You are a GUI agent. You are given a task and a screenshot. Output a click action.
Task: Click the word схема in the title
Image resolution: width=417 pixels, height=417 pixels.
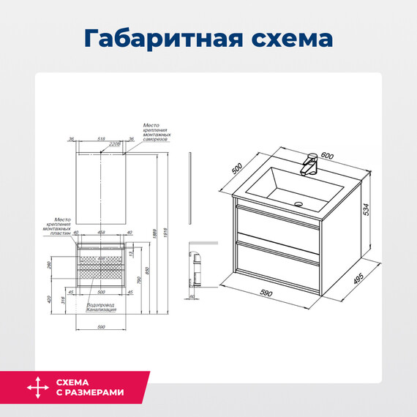pyautogui.click(x=290, y=37)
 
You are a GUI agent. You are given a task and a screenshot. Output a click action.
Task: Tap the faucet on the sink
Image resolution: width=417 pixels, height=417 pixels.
pyautogui.click(x=310, y=164)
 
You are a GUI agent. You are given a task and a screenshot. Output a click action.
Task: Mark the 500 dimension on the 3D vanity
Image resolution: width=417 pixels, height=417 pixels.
pyautogui.click(x=237, y=168)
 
